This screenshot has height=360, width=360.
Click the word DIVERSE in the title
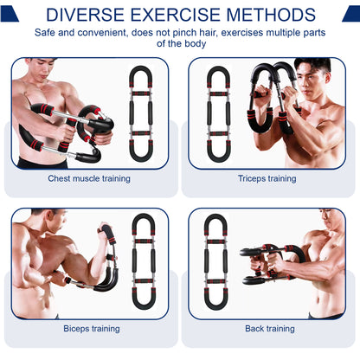85,15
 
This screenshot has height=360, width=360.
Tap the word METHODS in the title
271,15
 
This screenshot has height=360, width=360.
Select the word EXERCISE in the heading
175,15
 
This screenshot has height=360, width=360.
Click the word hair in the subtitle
208,32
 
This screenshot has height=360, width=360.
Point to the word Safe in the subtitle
45,32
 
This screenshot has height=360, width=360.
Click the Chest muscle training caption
89,178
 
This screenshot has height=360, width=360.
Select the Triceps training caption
267,178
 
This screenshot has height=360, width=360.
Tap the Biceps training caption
92,329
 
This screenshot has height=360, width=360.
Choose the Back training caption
270,329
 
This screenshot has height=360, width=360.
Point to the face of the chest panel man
43,69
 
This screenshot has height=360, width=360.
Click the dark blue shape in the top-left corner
9,14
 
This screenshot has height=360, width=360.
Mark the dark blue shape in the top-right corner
352,14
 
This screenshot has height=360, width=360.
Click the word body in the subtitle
196,43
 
